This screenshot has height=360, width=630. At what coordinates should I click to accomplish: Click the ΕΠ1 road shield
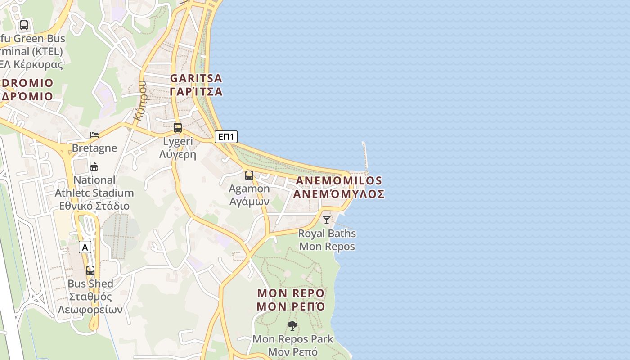[226, 137]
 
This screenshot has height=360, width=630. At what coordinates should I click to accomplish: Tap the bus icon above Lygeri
[178, 128]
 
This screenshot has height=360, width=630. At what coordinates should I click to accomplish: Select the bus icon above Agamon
[249, 175]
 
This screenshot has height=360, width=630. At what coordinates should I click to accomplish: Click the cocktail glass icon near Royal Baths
[327, 220]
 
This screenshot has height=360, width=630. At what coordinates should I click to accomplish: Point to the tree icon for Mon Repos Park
[292, 325]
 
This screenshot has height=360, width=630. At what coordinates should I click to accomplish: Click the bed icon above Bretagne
[94, 135]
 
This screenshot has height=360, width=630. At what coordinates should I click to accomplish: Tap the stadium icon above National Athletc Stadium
[94, 167]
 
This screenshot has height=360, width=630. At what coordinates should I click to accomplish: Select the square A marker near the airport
[85, 247]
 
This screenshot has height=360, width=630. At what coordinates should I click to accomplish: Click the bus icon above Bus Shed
[90, 270]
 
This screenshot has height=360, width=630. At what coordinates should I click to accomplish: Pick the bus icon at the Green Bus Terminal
[24, 25]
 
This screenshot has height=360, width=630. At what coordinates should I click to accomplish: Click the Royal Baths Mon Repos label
[327, 240]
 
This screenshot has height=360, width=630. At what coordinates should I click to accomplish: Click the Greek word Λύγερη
[178, 155]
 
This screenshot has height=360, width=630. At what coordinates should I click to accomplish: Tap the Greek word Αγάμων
[249, 202]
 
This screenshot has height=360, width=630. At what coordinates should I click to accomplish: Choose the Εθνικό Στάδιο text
[94, 206]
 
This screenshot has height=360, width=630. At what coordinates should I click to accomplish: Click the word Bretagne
[94, 148]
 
